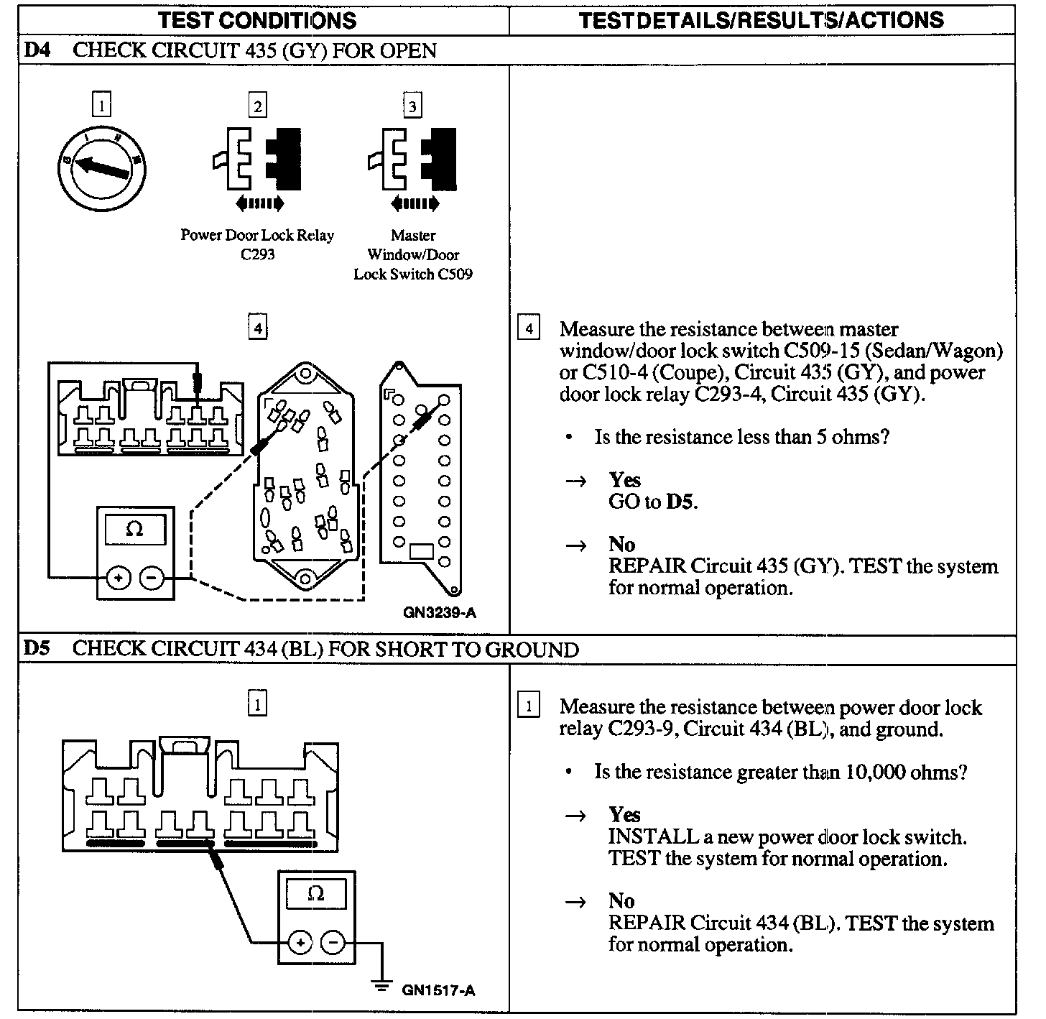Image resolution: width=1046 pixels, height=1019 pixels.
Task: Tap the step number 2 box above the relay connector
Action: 257,106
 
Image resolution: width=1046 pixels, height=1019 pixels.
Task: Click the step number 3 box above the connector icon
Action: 412,106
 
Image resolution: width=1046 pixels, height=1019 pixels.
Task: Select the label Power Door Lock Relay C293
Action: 257,244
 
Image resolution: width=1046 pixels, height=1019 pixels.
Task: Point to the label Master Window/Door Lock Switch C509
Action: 413,254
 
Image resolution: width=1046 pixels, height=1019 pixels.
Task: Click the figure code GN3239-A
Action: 440,613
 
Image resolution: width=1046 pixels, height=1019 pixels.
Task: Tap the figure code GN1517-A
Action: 439,990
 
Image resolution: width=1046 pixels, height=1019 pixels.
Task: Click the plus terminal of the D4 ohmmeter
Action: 119,577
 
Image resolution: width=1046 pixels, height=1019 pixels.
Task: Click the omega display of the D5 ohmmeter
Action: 315,894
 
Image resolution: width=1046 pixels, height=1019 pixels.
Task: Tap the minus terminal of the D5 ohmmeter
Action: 332,941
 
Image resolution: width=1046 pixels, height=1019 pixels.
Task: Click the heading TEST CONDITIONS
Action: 257,20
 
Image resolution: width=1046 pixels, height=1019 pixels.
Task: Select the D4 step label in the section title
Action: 37,50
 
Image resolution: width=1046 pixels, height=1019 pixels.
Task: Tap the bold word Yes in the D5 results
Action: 624,814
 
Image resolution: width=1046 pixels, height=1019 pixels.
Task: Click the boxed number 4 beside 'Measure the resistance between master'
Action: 529,328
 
